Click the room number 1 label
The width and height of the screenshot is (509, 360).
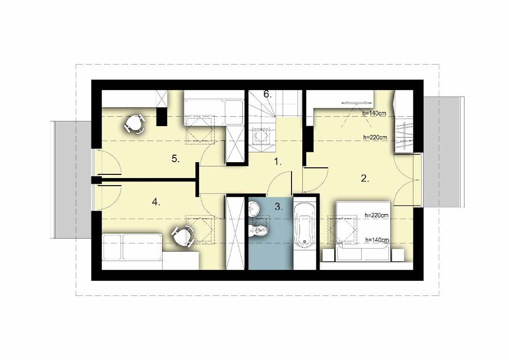tap(277, 162)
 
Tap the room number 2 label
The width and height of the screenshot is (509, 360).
tap(365, 178)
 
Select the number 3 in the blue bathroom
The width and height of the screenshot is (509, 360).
tap(278, 206)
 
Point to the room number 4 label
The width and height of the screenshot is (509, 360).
tap(156, 202)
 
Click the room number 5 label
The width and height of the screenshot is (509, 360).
tap(175, 159)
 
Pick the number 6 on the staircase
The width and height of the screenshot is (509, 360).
tap(267, 94)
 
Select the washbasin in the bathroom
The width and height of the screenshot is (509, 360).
tap(253, 208)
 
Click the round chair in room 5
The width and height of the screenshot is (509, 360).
tap(135, 123)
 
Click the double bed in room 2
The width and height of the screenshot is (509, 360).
tap(363, 231)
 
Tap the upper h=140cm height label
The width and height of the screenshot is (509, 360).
tap(374, 113)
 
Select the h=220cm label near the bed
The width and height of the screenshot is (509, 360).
tap(376, 215)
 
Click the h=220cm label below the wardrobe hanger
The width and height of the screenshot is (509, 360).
tap(375, 137)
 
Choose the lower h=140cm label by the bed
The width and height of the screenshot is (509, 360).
tap(377, 240)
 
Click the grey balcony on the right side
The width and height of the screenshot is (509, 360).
tap(443, 152)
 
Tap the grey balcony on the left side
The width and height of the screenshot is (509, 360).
tap(71, 180)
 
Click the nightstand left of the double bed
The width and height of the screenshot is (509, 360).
tap(328, 255)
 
